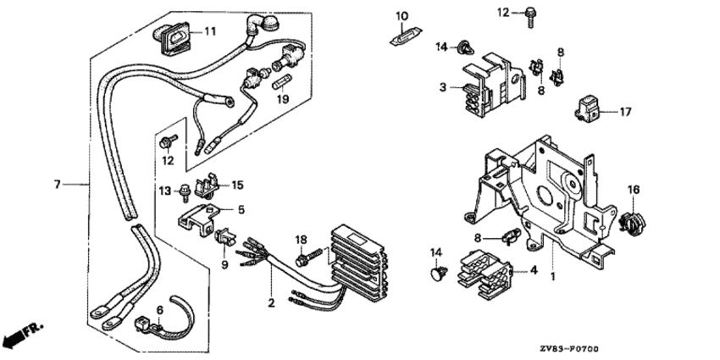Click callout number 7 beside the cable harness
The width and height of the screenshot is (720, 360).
[57, 184]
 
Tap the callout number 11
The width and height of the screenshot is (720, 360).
[209, 31]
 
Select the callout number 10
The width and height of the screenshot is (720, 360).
[402, 15]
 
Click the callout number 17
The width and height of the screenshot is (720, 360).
[626, 111]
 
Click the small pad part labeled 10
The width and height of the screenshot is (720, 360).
[403, 35]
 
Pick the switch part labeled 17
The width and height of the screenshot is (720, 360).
[590, 108]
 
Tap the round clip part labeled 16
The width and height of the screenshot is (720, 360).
[631, 222]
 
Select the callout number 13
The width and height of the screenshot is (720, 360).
[165, 191]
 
